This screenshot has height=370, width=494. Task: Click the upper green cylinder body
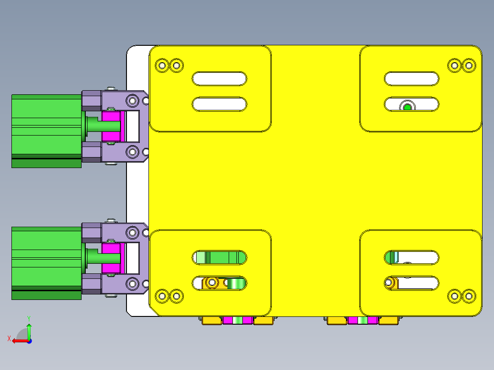click(46, 131)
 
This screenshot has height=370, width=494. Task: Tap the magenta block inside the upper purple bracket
click(111, 126)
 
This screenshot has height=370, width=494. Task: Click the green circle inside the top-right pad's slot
click(407, 108)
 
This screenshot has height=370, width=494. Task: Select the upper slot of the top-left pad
click(220, 79)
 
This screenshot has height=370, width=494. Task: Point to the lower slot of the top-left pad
click(220, 104)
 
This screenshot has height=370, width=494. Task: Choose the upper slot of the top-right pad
click(412, 79)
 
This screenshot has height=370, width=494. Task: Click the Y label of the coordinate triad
click(28, 317)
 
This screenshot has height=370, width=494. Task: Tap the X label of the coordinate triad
click(9, 338)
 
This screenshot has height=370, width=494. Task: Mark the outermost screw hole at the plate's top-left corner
click(162, 65)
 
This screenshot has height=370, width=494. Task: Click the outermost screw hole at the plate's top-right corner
click(468, 65)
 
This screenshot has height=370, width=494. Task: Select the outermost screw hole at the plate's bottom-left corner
click(162, 296)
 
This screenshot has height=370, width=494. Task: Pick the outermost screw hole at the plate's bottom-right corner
click(468, 296)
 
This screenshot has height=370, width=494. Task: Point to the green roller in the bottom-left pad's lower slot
click(236, 283)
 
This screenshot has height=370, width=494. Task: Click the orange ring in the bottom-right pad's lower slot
click(391, 283)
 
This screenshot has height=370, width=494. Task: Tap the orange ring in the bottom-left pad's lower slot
click(212, 283)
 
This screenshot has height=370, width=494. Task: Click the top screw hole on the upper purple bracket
click(132, 100)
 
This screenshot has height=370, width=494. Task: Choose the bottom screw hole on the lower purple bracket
click(132, 283)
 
